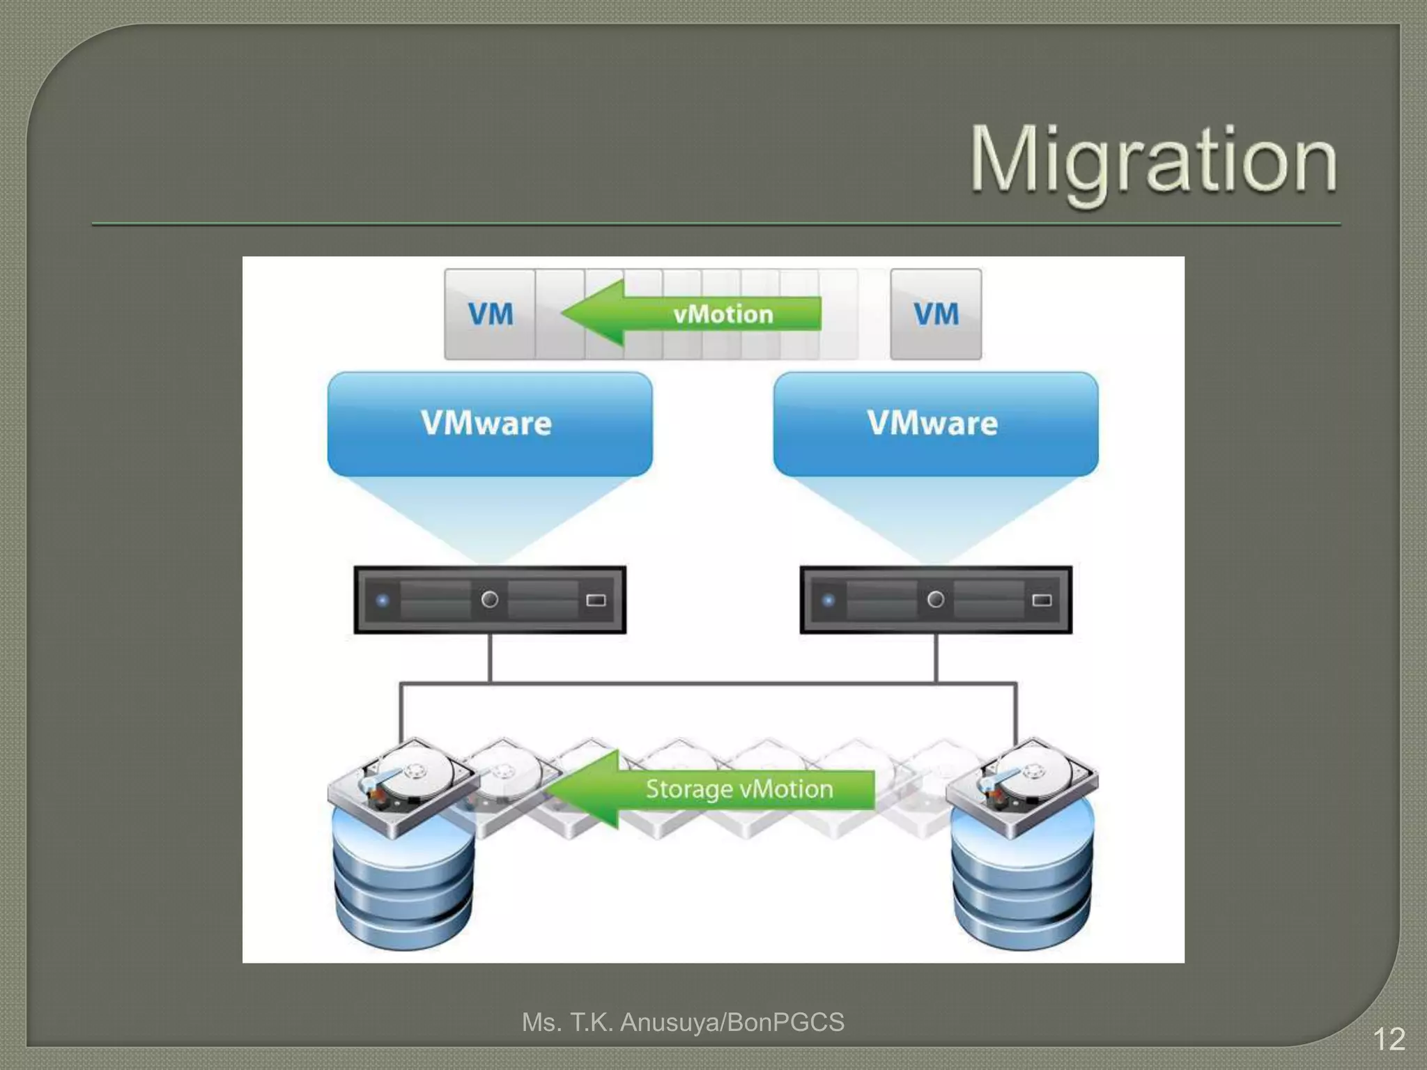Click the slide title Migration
point(1153,160)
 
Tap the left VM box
point(491,314)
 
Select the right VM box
point(936,314)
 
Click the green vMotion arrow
point(690,314)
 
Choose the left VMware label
point(486,423)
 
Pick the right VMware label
point(932,423)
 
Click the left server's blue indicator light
point(382,600)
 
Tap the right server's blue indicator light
point(828,600)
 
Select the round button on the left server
point(490,599)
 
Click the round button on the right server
point(936,599)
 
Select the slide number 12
point(1389,1040)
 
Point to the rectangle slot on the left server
point(596,600)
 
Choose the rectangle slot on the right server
point(1042,600)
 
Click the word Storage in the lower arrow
point(688,789)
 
